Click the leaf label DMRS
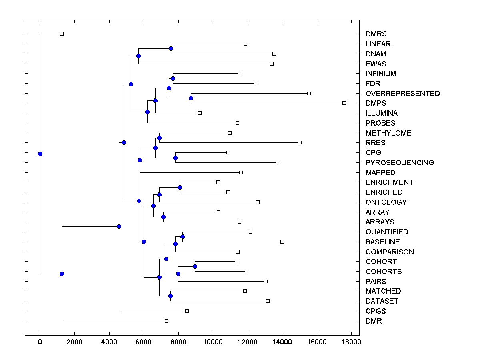[376, 34]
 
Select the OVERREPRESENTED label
[402, 94]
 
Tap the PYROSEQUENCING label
[399, 163]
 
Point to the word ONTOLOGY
[386, 202]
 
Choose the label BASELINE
[382, 242]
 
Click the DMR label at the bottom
[374, 321]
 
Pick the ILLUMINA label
[382, 113]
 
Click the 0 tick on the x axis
[40, 342]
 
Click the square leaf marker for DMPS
[344, 103]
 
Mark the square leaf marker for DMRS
[62, 34]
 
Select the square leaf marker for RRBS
[300, 142]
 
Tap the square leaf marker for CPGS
[187, 311]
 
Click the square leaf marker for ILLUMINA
[200, 113]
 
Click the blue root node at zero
[40, 154]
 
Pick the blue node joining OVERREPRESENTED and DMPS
[191, 98]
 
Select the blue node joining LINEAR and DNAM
[171, 48]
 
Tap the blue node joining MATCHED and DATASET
[170, 296]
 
